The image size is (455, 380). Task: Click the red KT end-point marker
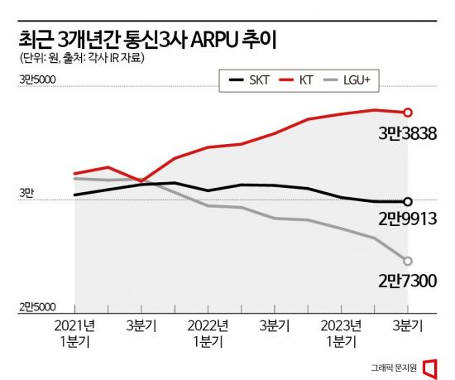point(407,113)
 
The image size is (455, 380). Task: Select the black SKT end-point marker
point(407,201)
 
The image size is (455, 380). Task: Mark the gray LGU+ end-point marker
point(407,260)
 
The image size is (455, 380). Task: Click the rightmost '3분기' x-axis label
point(407,325)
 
